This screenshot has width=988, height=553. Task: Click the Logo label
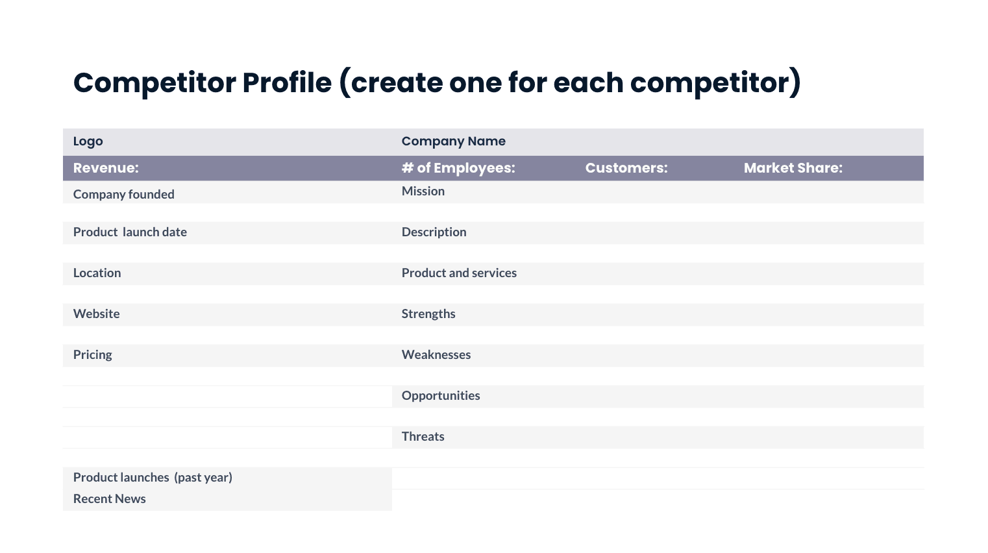point(88,141)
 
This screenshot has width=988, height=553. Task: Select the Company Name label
point(453,141)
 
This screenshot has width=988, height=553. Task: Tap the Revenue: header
point(106,168)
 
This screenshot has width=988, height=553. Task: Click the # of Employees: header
point(458,168)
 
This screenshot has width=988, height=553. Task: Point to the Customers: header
point(626,168)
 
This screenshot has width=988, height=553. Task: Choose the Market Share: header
point(793,168)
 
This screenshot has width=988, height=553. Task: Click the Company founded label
point(123,194)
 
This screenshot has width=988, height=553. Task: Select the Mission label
point(423,191)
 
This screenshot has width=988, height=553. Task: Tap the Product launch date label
point(130,232)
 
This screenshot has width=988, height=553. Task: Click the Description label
point(434,232)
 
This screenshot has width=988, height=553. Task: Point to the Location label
point(97,273)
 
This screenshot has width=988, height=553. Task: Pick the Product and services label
point(459,273)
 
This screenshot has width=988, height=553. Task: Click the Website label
point(96,313)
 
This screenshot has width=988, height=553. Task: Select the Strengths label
point(428,313)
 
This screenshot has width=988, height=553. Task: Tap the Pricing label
point(92,354)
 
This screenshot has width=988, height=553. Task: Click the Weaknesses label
point(436,354)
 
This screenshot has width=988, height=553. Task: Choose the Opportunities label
point(441,395)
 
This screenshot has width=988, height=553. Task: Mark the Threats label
point(423,436)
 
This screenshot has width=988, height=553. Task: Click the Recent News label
point(109,498)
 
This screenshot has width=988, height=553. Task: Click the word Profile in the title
point(287,82)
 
